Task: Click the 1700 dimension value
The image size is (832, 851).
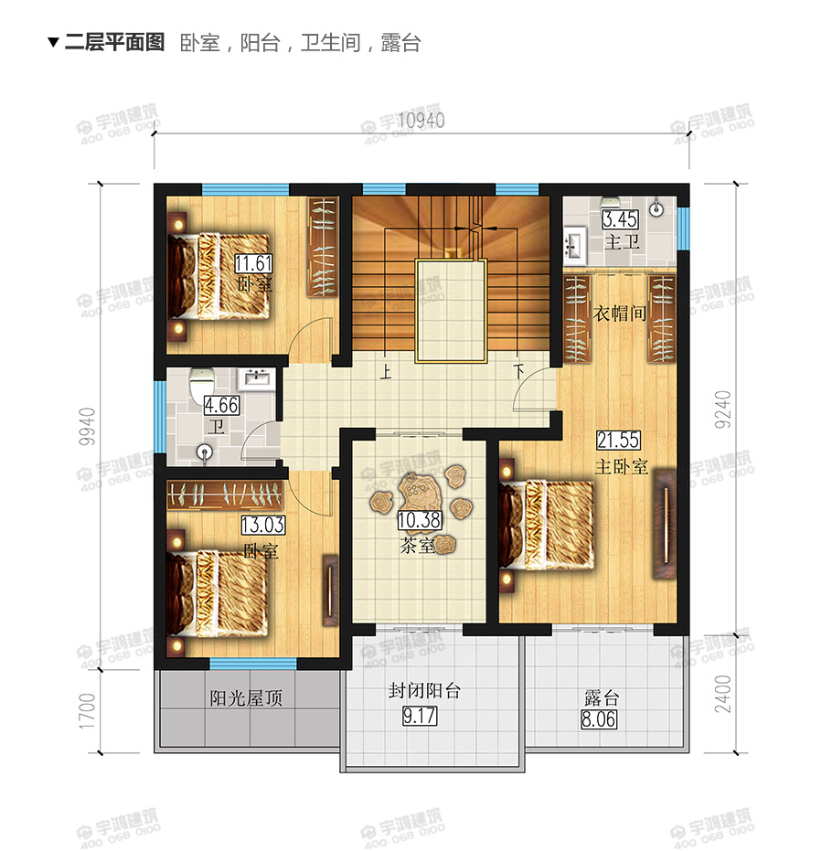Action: (88, 710)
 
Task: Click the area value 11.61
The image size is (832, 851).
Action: (253, 265)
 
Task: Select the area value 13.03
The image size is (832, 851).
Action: (259, 526)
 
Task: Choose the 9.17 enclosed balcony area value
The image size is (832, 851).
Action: (420, 717)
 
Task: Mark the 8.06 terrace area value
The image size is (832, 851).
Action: (600, 719)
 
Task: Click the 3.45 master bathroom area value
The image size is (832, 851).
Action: (618, 220)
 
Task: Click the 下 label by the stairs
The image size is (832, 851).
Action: (518, 373)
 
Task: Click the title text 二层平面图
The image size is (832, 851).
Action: (114, 42)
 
